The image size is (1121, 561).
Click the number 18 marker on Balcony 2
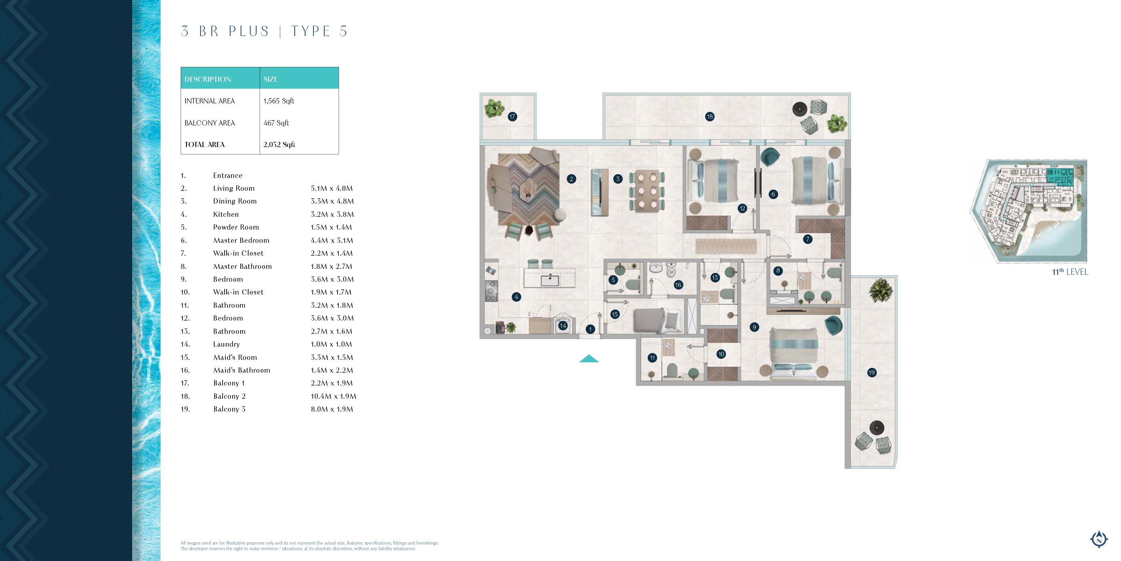[x=710, y=116]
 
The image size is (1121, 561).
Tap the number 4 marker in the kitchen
[x=516, y=297]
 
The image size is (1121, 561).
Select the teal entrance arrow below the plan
[x=589, y=359]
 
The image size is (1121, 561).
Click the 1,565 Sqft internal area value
[x=279, y=101]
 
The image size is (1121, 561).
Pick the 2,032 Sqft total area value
[x=279, y=145]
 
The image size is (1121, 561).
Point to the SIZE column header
[x=270, y=79]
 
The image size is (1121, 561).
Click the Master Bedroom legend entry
[x=241, y=240]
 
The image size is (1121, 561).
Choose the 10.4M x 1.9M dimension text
[x=333, y=396]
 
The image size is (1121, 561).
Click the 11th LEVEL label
[x=1070, y=272]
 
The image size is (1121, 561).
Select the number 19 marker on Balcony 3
[x=872, y=372]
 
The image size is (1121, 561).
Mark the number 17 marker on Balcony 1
[x=512, y=116]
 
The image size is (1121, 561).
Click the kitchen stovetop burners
[x=491, y=291]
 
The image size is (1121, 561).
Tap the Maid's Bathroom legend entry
[x=241, y=370]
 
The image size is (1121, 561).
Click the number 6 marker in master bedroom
[x=773, y=194]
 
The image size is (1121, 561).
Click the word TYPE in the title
[x=311, y=31]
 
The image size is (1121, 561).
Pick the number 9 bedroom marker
[x=754, y=327]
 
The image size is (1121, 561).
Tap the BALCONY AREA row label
[x=209, y=123]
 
